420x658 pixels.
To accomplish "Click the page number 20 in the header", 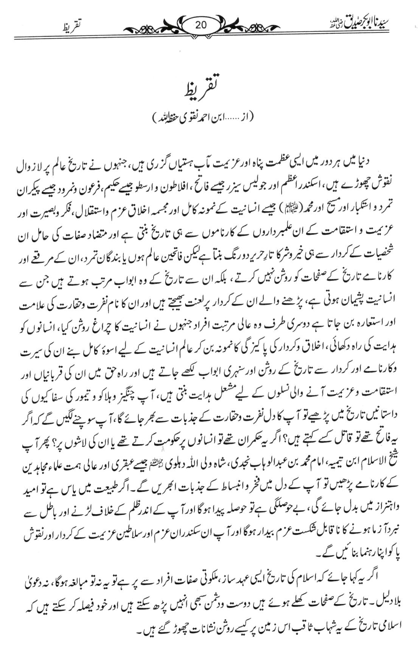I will [201, 25].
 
